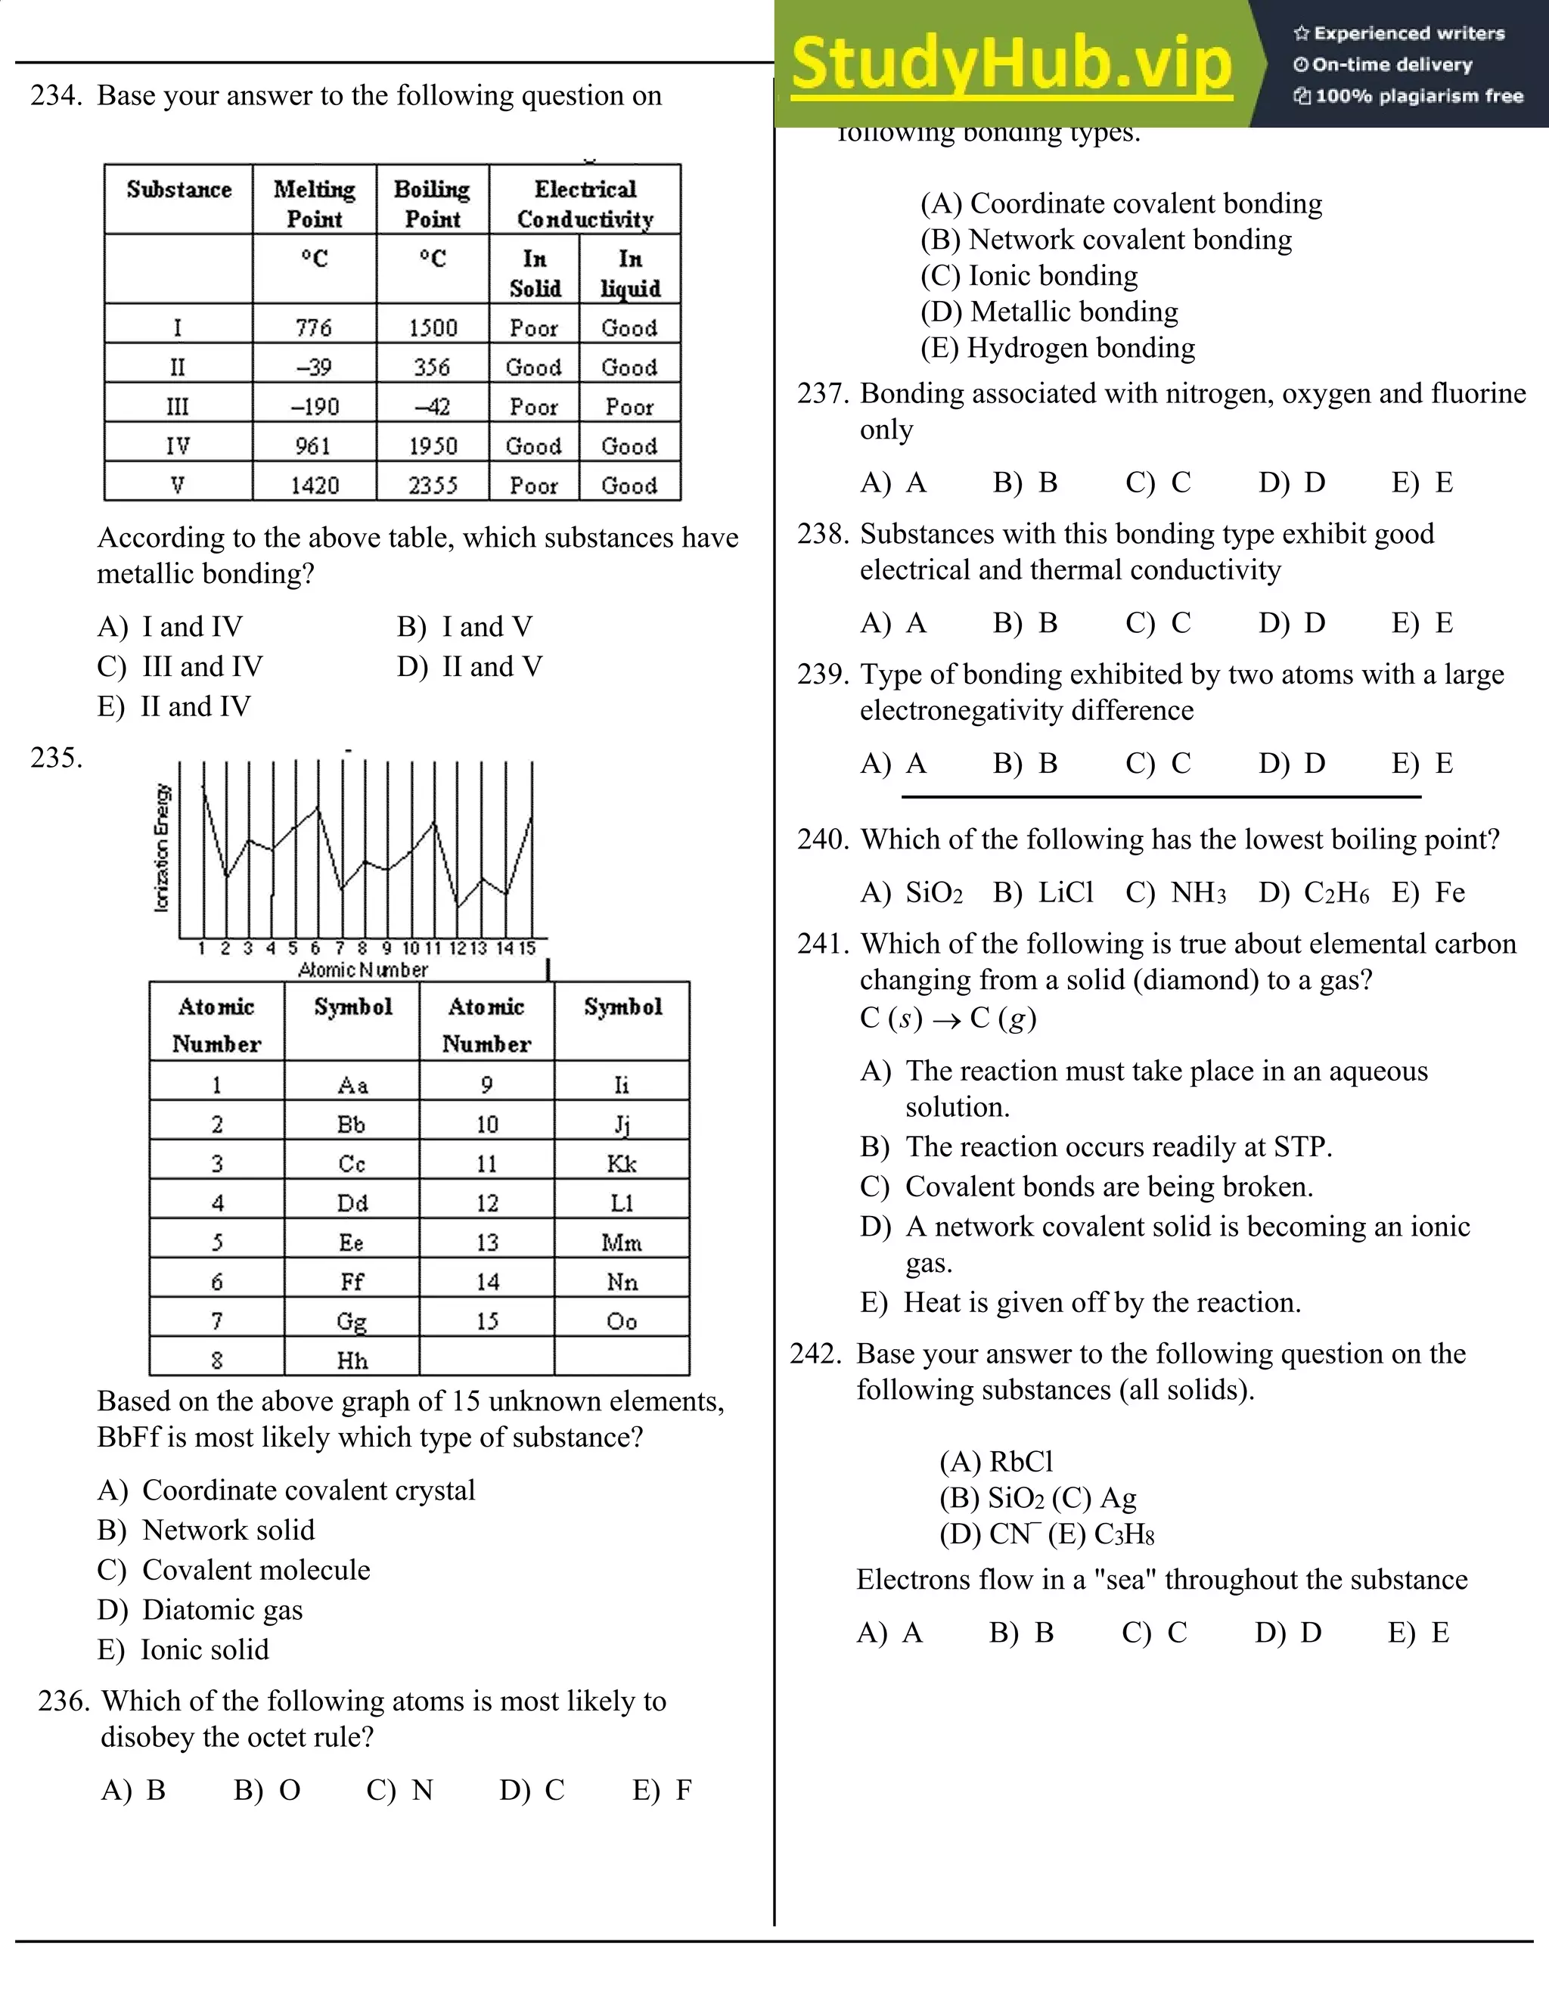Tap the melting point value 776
(x=314, y=327)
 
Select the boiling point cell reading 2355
(x=432, y=485)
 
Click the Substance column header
(x=179, y=190)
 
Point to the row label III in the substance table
(x=177, y=407)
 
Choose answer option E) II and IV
(x=175, y=706)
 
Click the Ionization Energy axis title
(x=162, y=848)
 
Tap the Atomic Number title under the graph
(x=363, y=970)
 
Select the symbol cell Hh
(x=352, y=1360)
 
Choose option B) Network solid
(x=206, y=1530)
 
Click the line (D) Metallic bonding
(x=1049, y=312)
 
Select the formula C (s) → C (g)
(x=948, y=1018)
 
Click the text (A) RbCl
(x=995, y=1461)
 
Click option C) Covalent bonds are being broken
(x=1087, y=1187)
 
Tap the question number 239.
(x=822, y=675)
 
